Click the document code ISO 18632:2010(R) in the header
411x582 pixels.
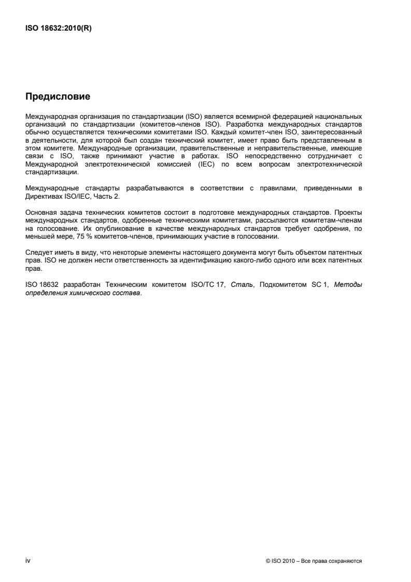(x=59, y=28)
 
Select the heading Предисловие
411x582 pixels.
(x=58, y=96)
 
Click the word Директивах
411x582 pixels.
(x=43, y=195)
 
